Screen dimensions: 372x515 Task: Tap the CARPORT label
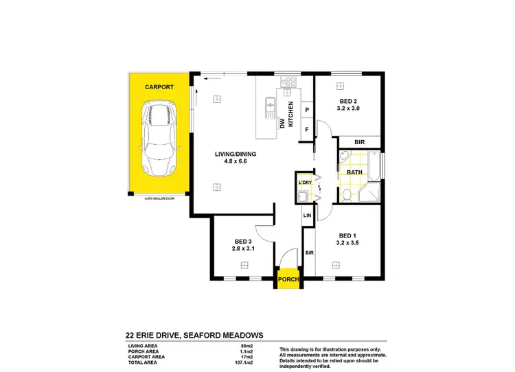click(x=158, y=88)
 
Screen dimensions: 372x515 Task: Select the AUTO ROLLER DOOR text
click(x=159, y=198)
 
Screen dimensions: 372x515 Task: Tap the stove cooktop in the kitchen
click(x=289, y=83)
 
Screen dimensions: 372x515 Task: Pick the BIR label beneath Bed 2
click(x=358, y=142)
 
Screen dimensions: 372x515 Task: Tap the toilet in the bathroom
click(x=348, y=196)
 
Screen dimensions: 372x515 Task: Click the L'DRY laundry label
click(x=306, y=183)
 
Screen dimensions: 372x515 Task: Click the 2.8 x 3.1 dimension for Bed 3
click(x=244, y=249)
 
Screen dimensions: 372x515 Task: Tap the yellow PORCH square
click(x=288, y=280)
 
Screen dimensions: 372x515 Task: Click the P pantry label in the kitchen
click(x=307, y=111)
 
